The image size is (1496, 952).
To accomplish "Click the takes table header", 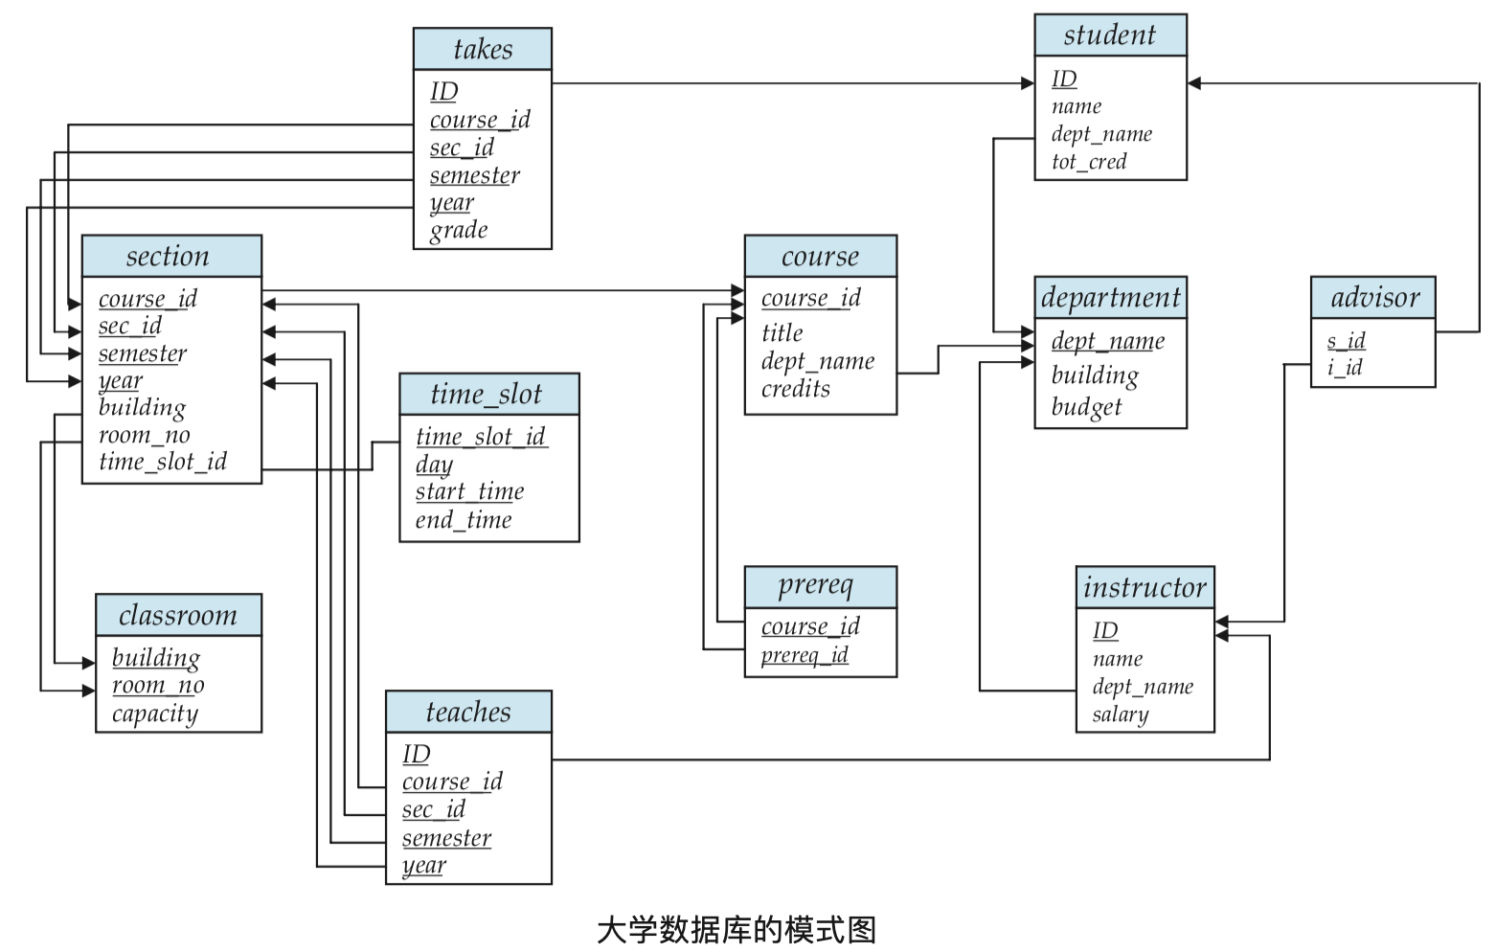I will [x=483, y=49].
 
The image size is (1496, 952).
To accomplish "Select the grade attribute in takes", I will [x=459, y=230].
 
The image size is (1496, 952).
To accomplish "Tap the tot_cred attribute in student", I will [x=1089, y=162].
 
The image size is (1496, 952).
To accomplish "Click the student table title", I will [x=1110, y=35].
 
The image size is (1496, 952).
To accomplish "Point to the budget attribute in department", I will [x=1086, y=407].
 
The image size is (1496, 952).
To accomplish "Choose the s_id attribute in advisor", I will [x=1346, y=340].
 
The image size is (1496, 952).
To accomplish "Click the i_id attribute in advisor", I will [x=1345, y=367].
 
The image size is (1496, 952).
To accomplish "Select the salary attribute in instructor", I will [x=1120, y=714].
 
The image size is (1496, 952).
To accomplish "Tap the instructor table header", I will [x=1145, y=587].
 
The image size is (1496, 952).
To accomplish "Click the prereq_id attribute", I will [x=805, y=655].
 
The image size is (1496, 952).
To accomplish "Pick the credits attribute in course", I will [x=795, y=389].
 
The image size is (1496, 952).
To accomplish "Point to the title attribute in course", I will [x=782, y=333].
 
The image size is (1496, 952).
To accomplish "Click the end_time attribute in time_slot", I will [x=464, y=520].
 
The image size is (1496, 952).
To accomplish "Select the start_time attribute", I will [x=469, y=491].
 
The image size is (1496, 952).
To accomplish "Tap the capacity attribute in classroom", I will [x=155, y=714].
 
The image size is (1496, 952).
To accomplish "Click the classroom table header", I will [x=178, y=615].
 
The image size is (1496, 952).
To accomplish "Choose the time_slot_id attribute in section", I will [x=163, y=462].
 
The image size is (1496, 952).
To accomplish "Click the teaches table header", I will [x=468, y=712].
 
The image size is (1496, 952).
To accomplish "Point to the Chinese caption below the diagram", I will [x=737, y=930].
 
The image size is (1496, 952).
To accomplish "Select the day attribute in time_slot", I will [x=434, y=465].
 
